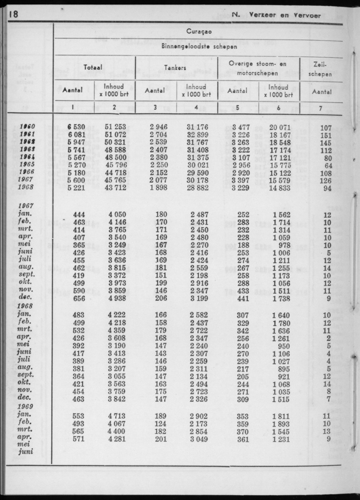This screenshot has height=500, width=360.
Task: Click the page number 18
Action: point(13,14)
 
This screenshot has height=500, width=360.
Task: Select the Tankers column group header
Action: point(176,67)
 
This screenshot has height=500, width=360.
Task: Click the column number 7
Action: point(321,107)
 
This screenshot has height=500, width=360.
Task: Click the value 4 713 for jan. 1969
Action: point(116,416)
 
